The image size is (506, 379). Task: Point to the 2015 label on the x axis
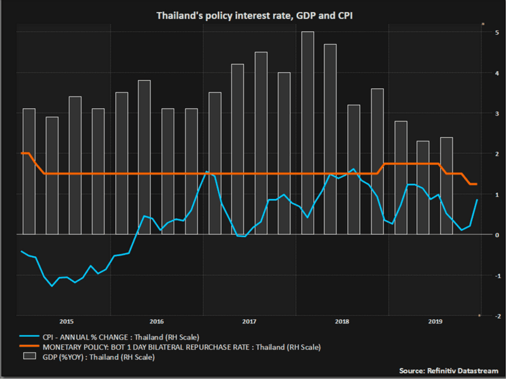[67, 321]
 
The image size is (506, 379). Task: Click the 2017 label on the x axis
[249, 321]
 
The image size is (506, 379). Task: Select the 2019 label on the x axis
[433, 321]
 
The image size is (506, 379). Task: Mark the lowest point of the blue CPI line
[52, 286]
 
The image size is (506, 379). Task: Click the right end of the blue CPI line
[477, 200]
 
